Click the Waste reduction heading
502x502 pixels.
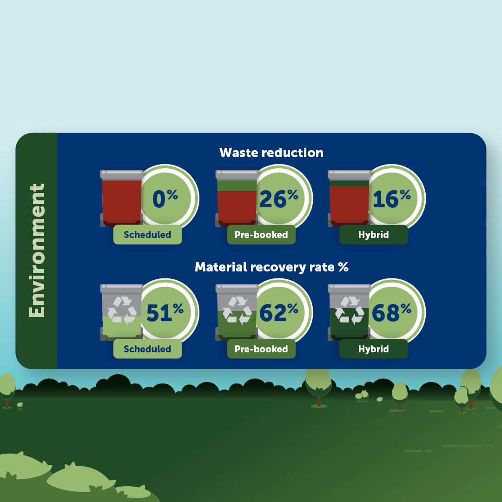coord(271,153)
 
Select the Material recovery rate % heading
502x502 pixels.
coord(271,267)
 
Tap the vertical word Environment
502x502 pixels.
coord(37,251)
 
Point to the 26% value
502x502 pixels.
coord(278,198)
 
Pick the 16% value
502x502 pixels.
coord(391,198)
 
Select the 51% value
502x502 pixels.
coord(165,312)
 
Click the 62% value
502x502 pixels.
coord(278,312)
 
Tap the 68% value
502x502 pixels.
coord(391,312)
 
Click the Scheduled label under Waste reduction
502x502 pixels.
coord(148,235)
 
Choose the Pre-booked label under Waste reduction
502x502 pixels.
coord(261,235)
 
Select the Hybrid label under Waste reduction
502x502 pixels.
coord(374,235)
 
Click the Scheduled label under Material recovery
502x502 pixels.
coord(148,349)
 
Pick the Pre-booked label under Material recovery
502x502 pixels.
coord(261,349)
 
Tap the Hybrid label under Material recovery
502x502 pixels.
coord(374,349)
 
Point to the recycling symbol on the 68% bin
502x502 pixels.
coord(349,310)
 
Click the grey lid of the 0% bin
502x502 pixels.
coord(122,174)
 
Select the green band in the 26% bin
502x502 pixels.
coord(237,185)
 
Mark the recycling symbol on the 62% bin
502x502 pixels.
coord(237,310)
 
